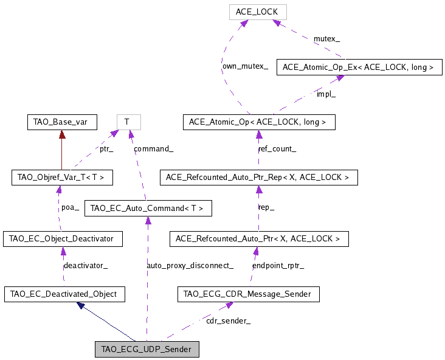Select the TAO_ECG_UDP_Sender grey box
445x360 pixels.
click(147, 350)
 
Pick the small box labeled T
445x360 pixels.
click(128, 122)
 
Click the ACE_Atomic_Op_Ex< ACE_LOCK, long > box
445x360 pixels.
click(358, 67)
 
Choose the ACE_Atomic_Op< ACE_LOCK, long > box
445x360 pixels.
click(258, 122)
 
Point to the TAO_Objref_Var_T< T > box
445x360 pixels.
click(62, 178)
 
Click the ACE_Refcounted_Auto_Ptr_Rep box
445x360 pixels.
click(258, 178)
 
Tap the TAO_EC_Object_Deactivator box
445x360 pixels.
click(63, 239)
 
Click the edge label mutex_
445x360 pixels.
click(326, 39)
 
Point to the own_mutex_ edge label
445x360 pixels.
click(244, 66)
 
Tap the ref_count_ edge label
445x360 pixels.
click(277, 149)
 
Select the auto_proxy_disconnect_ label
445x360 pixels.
click(190, 265)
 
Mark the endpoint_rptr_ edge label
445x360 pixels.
click(278, 266)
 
